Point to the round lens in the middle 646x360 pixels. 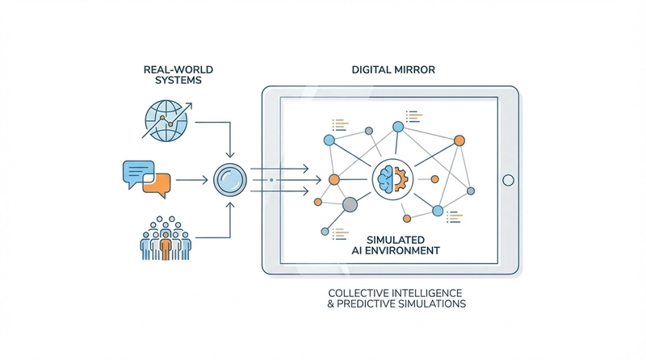pos(230,179)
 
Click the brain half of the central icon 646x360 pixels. pos(386,178)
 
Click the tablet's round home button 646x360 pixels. pos(508,179)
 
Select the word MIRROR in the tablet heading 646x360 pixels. pos(412,70)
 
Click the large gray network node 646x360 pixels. pos(350,205)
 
